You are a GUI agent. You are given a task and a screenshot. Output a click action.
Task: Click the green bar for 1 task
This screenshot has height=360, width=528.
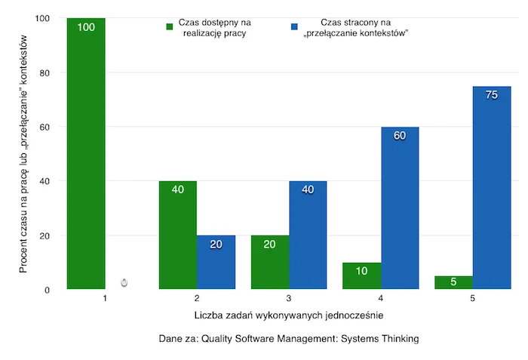coord(86,153)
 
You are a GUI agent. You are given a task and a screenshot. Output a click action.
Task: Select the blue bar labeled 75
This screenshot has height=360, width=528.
coord(492,187)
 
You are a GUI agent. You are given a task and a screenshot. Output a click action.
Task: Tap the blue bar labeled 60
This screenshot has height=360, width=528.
coord(400,208)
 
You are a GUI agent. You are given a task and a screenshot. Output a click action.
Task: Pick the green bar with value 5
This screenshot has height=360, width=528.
coord(453,282)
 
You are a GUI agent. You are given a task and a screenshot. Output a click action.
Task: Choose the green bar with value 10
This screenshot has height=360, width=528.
coord(361,275)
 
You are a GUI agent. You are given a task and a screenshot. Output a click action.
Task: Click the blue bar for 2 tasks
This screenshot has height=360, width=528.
coord(216,262)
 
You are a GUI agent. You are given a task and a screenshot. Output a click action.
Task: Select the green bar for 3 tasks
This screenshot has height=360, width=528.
coord(270,262)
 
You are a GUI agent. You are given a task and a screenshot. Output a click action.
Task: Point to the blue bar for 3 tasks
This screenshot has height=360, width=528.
coord(308,235)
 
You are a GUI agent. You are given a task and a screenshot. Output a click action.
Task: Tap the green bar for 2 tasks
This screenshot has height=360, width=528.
coord(178,235)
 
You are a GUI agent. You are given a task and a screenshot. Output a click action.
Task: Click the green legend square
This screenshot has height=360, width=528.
coord(170,26)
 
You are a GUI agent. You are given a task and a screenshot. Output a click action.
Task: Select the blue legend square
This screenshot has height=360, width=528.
coord(294,26)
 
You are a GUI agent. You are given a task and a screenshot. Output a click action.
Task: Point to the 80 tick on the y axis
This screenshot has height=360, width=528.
coord(45,72)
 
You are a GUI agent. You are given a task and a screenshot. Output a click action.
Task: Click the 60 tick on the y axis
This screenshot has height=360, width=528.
coord(45,127)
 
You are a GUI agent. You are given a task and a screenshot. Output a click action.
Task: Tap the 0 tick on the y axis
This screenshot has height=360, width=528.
coord(47,290)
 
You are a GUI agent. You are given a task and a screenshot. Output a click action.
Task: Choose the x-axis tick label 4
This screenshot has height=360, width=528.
coord(380,298)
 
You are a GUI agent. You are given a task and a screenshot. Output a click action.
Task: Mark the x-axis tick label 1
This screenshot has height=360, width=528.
coord(105,298)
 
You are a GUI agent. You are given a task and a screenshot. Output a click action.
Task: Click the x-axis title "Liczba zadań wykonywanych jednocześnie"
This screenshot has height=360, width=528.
coord(289,315)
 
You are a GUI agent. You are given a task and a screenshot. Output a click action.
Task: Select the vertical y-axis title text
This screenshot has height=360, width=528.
coord(23,154)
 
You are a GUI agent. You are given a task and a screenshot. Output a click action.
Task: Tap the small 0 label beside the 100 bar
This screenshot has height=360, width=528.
coord(124,282)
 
